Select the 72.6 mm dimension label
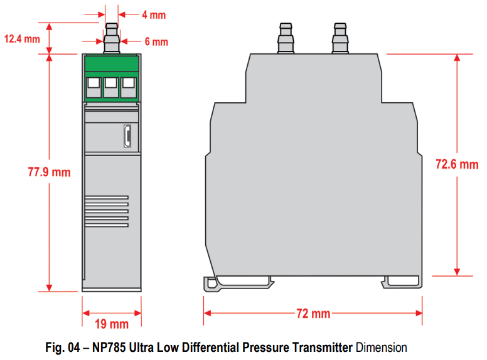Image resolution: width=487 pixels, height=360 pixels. (457, 164)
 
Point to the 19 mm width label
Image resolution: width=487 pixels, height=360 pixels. (111, 324)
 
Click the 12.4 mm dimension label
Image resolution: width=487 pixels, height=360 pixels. (22, 39)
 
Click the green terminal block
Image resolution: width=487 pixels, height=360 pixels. (111, 78)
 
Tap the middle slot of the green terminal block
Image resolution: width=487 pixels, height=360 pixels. (111, 87)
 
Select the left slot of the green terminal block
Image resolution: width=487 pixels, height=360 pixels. (94, 87)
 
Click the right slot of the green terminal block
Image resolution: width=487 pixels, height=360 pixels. (128, 87)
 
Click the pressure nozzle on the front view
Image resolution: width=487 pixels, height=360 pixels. (111, 38)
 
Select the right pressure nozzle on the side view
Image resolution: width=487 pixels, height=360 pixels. (340, 38)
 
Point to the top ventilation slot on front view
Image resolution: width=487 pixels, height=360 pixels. (106, 198)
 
